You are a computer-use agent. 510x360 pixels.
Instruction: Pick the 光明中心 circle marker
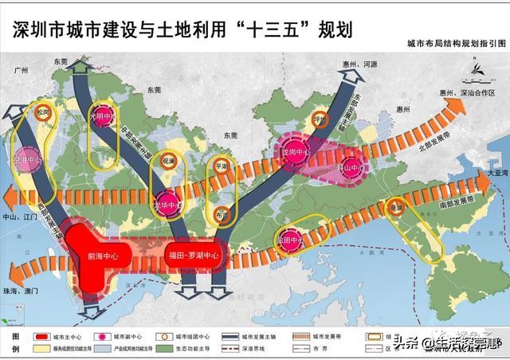[102, 116]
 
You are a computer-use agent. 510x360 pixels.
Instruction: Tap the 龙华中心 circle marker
[166, 202]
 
